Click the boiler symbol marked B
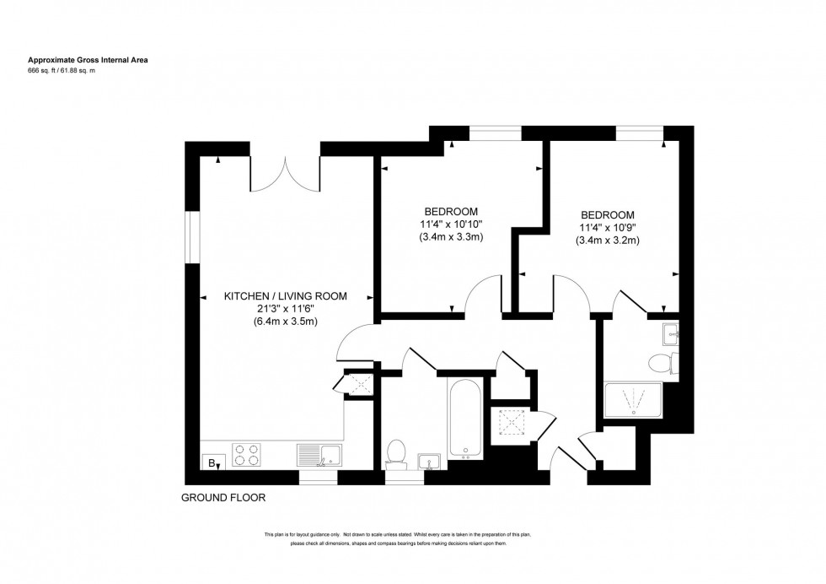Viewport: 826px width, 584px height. click(210, 462)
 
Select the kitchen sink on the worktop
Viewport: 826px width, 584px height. click(319, 456)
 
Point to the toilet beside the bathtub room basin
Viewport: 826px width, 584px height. click(394, 453)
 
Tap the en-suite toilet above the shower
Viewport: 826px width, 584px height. click(662, 364)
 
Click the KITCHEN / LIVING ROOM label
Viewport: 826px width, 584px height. click(285, 296)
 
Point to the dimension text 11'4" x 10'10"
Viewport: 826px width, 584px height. click(451, 224)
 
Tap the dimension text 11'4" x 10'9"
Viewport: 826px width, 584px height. click(607, 228)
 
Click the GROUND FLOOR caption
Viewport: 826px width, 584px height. click(223, 498)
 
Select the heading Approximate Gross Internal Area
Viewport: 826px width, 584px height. click(88, 60)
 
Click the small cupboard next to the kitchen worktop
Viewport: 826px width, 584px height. click(357, 385)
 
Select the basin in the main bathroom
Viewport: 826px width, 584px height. click(429, 461)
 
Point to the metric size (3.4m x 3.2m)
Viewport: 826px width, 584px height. click(607, 241)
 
